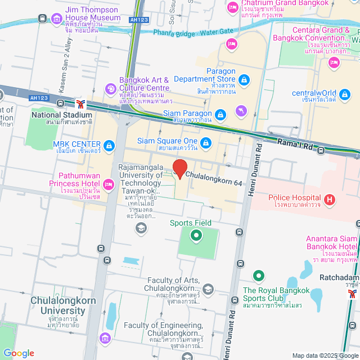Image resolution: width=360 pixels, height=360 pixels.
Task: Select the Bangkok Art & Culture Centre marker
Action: [x=111, y=88]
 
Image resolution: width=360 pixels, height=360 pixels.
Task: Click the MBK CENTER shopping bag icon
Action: [x=109, y=146]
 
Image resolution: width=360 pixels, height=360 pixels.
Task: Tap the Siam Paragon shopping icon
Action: [x=220, y=115]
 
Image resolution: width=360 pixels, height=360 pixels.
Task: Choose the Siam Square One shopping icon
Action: [x=206, y=142]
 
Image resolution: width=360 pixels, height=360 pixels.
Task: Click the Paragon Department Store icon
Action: [x=244, y=81]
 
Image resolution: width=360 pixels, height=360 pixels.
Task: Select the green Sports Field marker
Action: [x=196, y=236]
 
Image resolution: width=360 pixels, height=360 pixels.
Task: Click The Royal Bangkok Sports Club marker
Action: [x=258, y=276]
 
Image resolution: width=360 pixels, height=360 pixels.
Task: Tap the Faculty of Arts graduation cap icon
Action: [x=208, y=290]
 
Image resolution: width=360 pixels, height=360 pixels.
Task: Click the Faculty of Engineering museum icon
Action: [x=105, y=337]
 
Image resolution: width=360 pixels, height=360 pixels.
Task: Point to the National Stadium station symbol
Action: [x=81, y=103]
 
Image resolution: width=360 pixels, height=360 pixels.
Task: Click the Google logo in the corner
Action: [x=19, y=353]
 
